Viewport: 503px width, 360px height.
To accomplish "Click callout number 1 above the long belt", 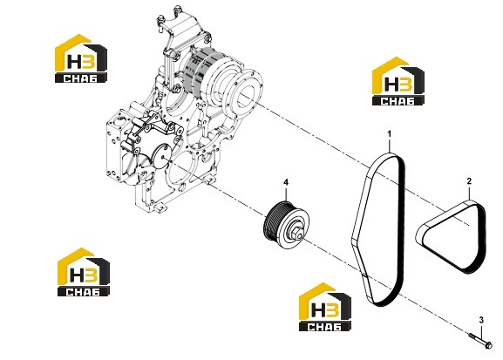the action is point(390,133).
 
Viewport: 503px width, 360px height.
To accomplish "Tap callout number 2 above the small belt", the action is point(469,181).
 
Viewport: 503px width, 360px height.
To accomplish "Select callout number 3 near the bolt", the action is point(481,320).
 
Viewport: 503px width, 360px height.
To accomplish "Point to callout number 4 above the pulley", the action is point(286,182).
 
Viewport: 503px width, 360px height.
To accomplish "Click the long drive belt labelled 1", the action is point(402,225).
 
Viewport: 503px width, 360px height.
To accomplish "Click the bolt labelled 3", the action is point(480,341).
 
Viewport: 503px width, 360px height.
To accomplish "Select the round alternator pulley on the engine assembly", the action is point(248,91).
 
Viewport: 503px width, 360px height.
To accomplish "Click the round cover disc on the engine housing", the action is point(162,156).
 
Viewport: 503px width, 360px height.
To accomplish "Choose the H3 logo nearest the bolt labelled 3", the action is point(325,307).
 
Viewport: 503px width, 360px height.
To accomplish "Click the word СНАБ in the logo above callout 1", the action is point(398,101).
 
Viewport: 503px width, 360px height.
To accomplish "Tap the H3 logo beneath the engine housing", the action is point(84,272).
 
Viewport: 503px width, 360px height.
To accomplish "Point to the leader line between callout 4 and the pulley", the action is point(286,194).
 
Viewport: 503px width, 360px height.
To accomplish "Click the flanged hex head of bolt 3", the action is point(488,345).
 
